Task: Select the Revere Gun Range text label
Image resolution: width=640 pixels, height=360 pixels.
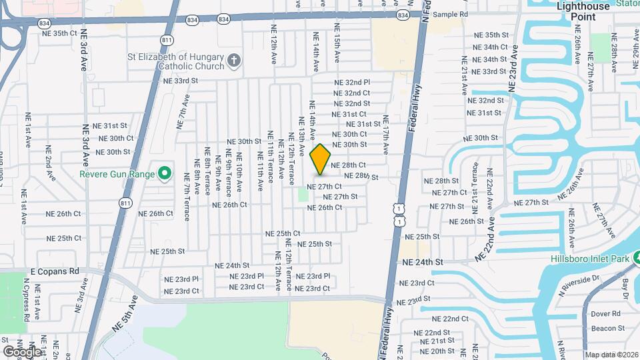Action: point(117,175)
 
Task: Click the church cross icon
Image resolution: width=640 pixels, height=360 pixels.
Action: point(233,61)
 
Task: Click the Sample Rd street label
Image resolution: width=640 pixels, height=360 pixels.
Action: point(450,14)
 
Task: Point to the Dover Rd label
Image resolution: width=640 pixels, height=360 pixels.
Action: point(606,313)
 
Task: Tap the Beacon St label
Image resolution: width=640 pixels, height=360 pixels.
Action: point(607,327)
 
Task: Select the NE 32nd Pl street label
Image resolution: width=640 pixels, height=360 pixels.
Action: point(352,82)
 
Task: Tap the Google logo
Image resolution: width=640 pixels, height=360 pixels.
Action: point(22,351)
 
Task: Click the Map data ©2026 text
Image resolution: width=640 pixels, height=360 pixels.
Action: point(612,355)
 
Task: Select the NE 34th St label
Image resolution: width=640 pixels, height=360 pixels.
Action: point(490,59)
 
